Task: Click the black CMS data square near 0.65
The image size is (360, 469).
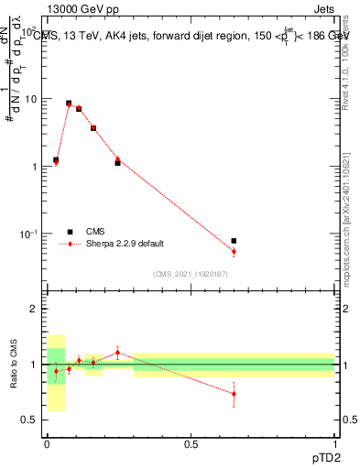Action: tap(234, 241)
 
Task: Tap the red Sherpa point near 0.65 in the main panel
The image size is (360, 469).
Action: tap(234, 251)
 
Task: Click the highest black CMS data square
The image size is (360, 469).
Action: tap(69, 104)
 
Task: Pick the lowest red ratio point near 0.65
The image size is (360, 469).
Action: tap(234, 394)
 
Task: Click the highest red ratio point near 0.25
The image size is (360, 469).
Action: tap(117, 352)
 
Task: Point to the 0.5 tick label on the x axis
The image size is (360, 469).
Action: tap(191, 442)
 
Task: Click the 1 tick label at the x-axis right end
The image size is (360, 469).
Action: tap(334, 442)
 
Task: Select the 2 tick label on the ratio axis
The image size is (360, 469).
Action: tap(35, 310)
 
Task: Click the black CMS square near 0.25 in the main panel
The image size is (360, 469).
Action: tap(117, 163)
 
